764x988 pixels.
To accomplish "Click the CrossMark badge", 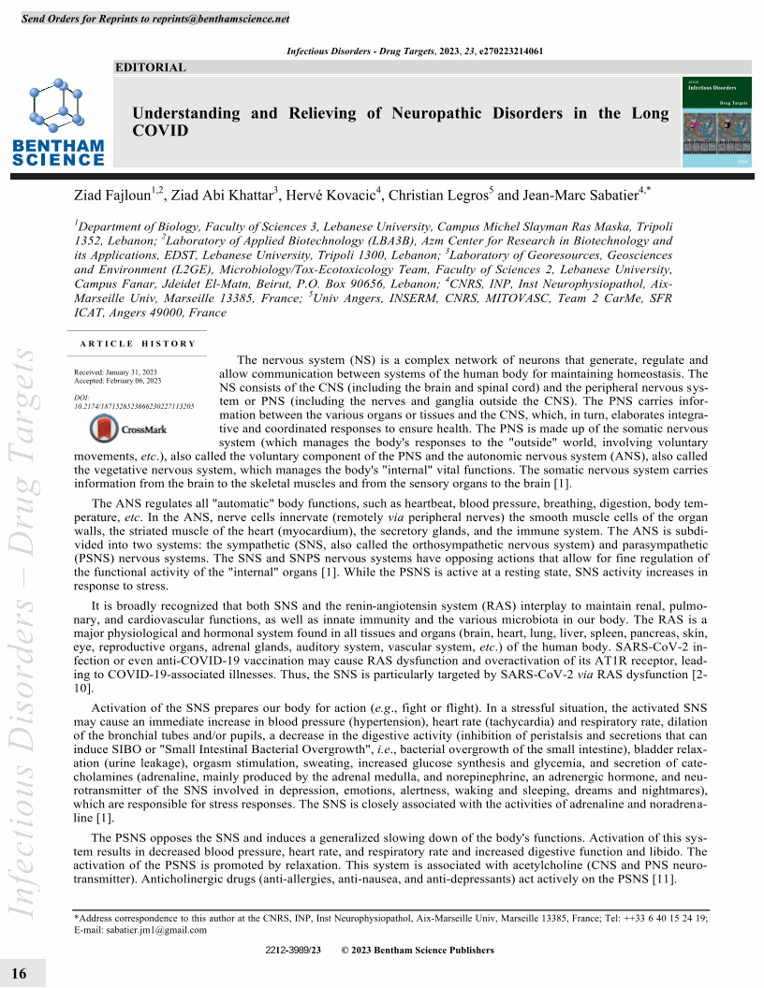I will [128, 429].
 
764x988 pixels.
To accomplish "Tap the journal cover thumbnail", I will [717, 123].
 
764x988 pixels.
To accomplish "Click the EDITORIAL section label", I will [150, 67].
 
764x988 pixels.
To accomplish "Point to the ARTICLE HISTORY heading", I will [138, 343].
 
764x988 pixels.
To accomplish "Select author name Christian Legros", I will [444, 196].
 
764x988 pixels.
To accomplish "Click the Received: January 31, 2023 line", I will [117, 372].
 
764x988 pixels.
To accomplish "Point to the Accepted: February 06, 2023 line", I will [118, 381].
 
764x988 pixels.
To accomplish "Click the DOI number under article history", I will [133, 407].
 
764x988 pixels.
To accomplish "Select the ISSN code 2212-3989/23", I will [293, 951].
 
